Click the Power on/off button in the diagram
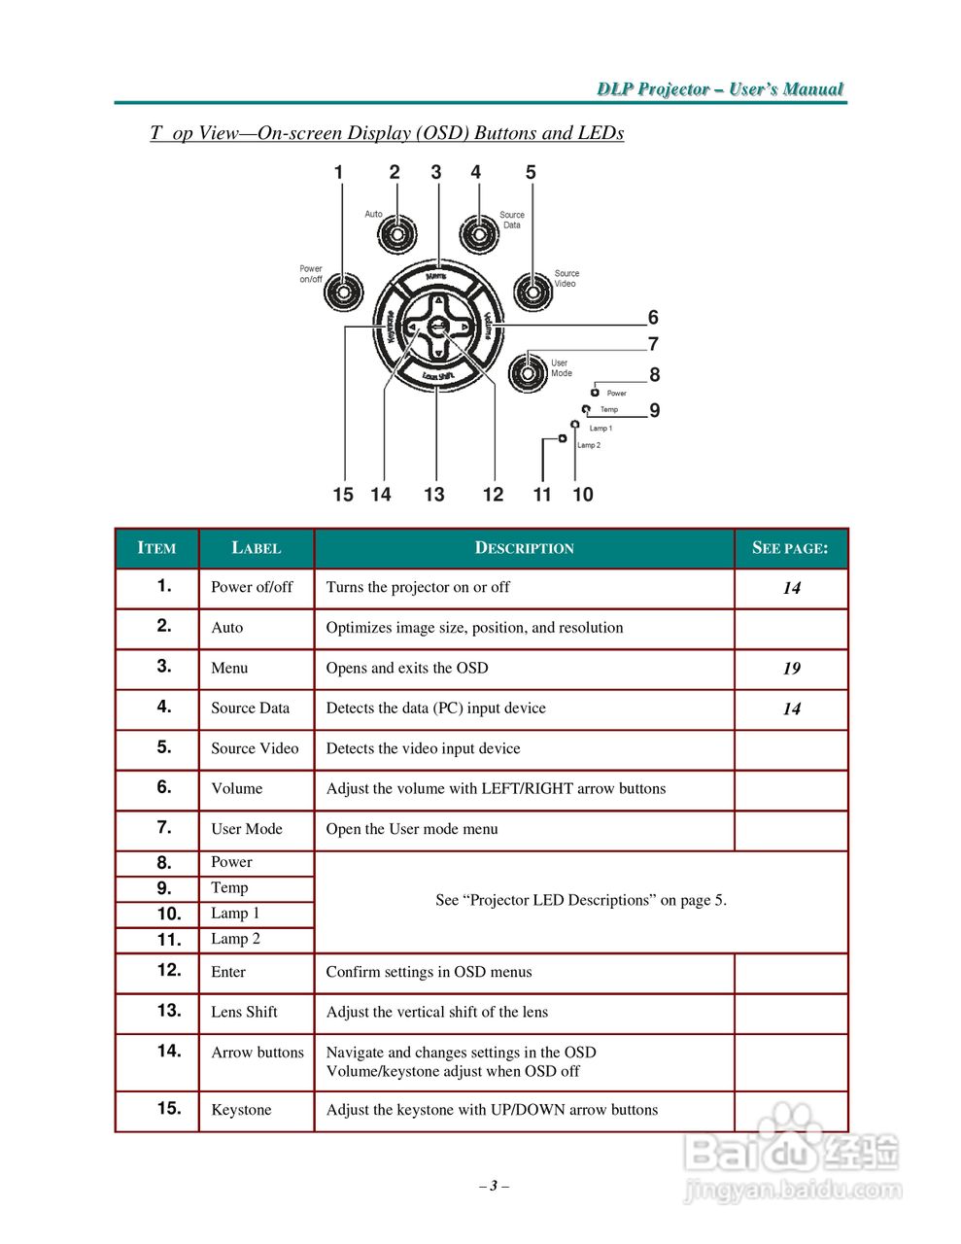pos(342,292)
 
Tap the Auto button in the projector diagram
pos(397,234)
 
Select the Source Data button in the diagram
pos(478,234)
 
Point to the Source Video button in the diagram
pos(532,291)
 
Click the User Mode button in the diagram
pos(527,372)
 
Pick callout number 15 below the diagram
pos(343,495)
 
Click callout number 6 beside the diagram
pos(653,318)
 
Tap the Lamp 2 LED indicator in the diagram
pos(563,439)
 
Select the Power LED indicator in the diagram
pos(595,393)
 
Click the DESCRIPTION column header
pos(524,548)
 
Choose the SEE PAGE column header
pos(790,548)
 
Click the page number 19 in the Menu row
pos(791,669)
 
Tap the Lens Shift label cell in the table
pos(245,1012)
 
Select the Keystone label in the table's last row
pos(241,1110)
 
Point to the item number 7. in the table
pos(164,828)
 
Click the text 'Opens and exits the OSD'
pos(407,668)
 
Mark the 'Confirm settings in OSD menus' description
pos(429,972)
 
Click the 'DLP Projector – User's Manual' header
pos(720,89)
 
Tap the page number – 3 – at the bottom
pos(494,1186)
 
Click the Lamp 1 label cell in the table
pos(235,914)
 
